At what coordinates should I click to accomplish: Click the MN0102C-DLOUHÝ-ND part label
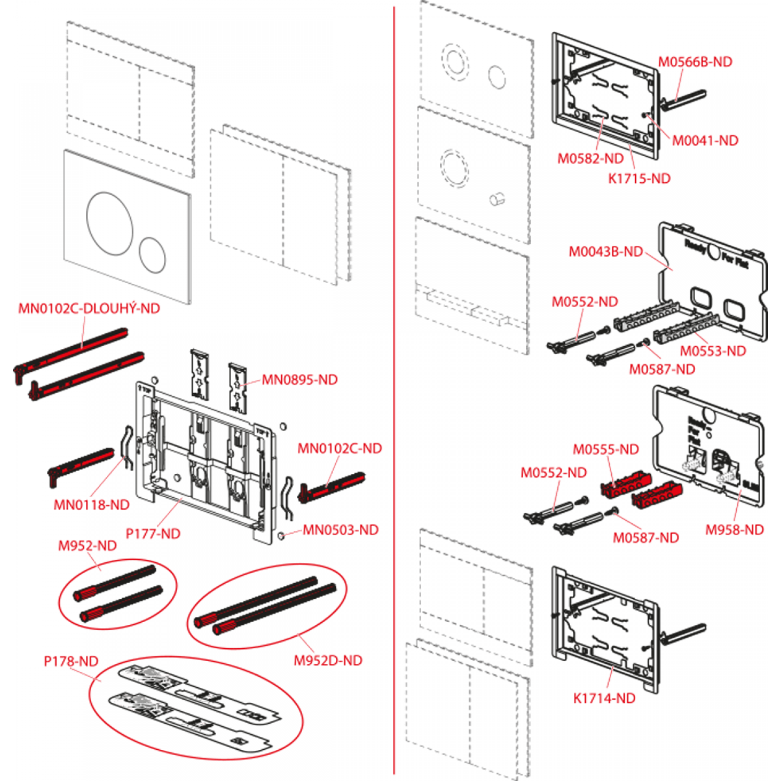tap(89, 308)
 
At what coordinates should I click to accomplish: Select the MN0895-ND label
tap(299, 380)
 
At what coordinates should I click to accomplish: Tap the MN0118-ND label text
tap(92, 505)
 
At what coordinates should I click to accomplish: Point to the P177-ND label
tap(153, 534)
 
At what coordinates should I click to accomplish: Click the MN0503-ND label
tap(341, 530)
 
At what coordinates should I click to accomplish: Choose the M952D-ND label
tap(328, 660)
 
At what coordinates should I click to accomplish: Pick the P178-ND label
tap(71, 661)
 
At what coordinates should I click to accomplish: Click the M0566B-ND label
tap(695, 62)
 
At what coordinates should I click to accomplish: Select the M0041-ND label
tap(705, 141)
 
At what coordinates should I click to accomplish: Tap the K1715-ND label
tap(639, 179)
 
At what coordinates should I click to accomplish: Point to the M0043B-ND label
tap(606, 251)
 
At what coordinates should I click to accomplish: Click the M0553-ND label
tap(713, 351)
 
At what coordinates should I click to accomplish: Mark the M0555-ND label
tap(606, 449)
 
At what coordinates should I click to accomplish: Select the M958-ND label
tap(734, 530)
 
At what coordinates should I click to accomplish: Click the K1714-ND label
tap(604, 698)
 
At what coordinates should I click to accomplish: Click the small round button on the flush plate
tap(152, 255)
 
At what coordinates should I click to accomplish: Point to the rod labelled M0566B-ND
tap(685, 99)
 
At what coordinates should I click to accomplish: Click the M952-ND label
tap(87, 546)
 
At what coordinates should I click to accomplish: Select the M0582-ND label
tap(590, 159)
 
